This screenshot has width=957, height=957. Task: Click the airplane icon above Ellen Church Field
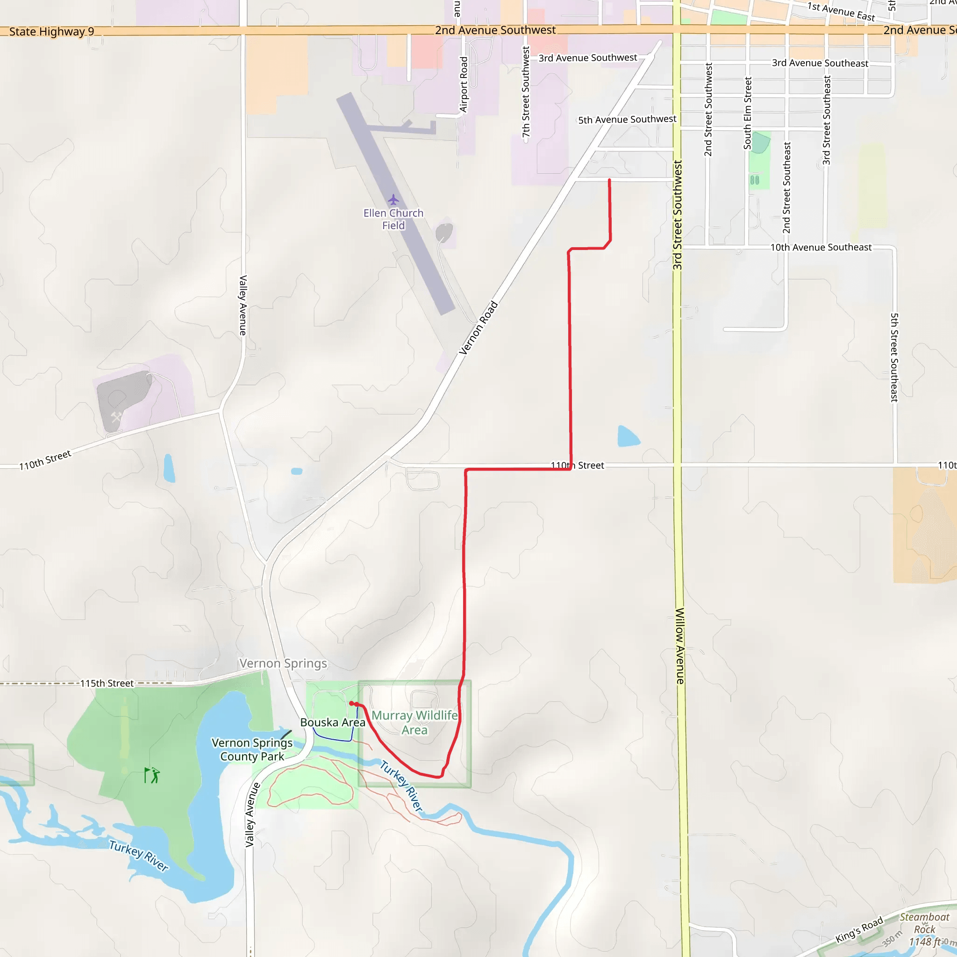pyautogui.click(x=393, y=200)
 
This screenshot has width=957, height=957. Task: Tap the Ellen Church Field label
pyautogui.click(x=393, y=219)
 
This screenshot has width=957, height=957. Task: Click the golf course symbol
pyautogui.click(x=152, y=775)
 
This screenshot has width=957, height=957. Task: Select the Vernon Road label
pyautogui.click(x=478, y=328)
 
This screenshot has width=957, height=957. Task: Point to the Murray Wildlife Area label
pyautogui.click(x=414, y=722)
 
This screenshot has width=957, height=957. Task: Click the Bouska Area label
pyautogui.click(x=332, y=722)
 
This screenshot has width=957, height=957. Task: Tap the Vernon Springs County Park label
pyautogui.click(x=252, y=750)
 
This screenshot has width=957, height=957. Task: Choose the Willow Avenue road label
pyautogui.click(x=680, y=646)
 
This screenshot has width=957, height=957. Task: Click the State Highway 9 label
pyautogui.click(x=51, y=32)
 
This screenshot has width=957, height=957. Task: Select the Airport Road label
pyautogui.click(x=464, y=85)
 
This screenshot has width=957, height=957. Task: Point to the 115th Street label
pyautogui.click(x=107, y=683)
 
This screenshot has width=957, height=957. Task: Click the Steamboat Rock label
pyautogui.click(x=924, y=923)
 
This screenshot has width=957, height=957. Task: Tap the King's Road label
pyautogui.click(x=859, y=930)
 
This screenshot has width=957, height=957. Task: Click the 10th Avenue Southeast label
pyautogui.click(x=821, y=247)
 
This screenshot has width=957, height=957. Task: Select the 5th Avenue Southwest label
pyautogui.click(x=627, y=119)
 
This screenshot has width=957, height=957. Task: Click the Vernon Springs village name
pyautogui.click(x=283, y=663)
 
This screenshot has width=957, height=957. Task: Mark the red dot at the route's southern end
pyautogui.click(x=352, y=703)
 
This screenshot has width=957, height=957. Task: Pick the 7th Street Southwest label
pyautogui.click(x=526, y=92)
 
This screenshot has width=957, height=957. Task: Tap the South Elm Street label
pyautogui.click(x=748, y=113)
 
